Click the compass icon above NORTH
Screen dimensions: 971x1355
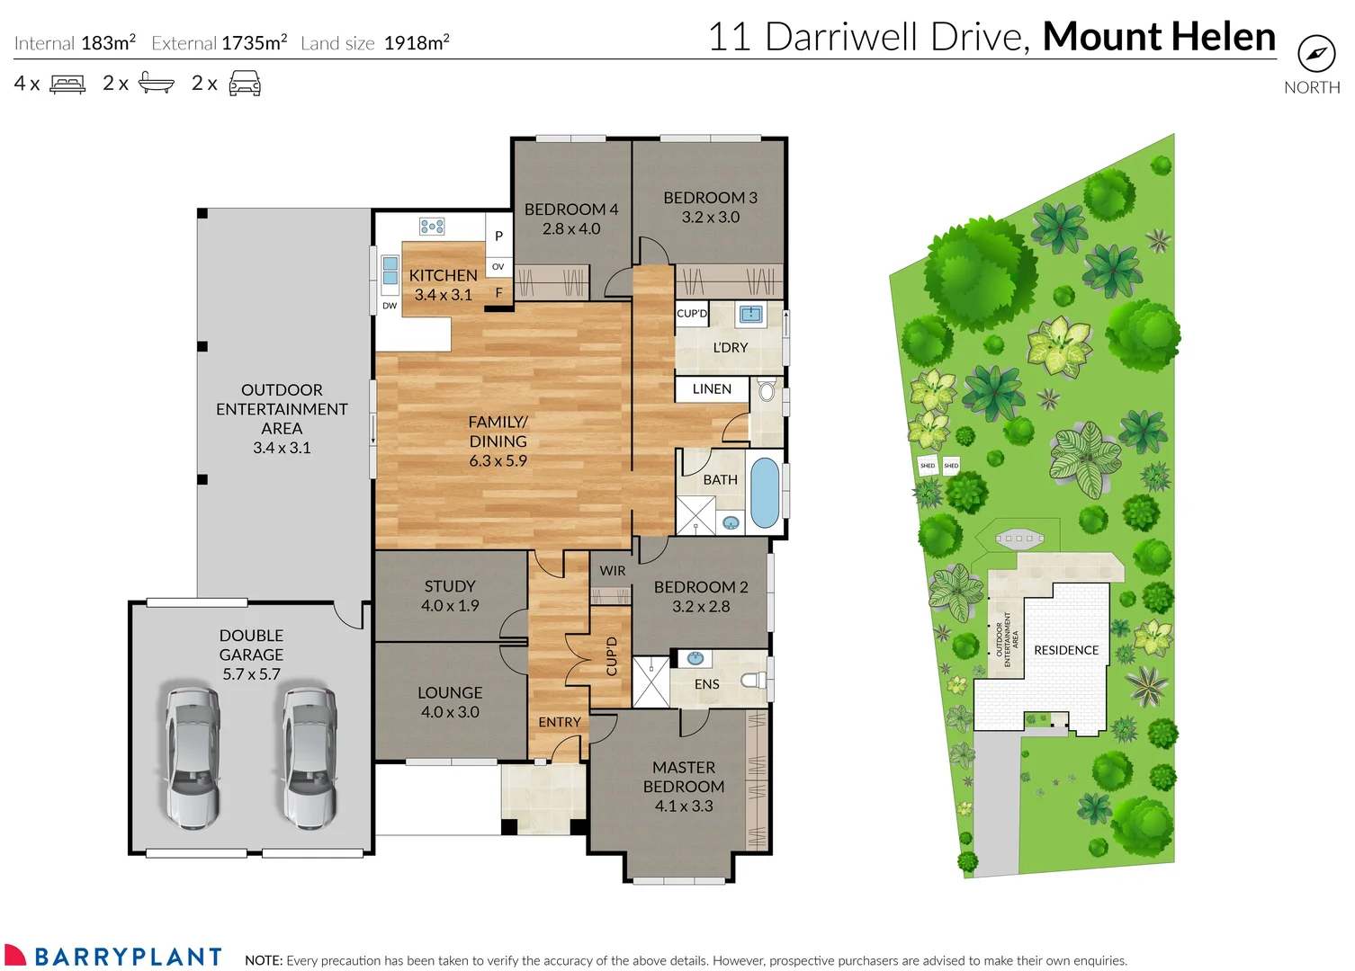tap(1315, 54)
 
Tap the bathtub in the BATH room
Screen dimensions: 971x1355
tap(764, 493)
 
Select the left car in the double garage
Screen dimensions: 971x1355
tap(192, 757)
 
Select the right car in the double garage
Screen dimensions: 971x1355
tap(310, 757)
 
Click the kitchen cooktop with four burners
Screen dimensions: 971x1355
tap(432, 226)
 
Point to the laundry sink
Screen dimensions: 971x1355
tap(750, 314)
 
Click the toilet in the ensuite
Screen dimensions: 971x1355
tap(753, 680)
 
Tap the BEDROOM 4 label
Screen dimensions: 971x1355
tap(570, 209)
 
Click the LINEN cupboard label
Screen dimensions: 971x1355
tap(712, 389)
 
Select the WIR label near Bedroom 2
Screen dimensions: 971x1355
tap(612, 571)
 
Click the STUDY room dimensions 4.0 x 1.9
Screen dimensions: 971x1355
tap(450, 606)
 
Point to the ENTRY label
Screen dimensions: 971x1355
tap(559, 722)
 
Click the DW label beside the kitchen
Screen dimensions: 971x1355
tap(390, 306)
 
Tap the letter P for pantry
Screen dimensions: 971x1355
tap(498, 236)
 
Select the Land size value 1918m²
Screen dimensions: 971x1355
tap(416, 43)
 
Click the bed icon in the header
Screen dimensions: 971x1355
tap(67, 84)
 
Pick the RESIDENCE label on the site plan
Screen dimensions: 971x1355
tap(1065, 650)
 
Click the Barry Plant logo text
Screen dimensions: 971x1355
tap(128, 957)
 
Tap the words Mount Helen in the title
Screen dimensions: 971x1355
tap(1158, 37)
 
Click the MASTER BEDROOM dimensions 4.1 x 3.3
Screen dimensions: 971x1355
tap(684, 806)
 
